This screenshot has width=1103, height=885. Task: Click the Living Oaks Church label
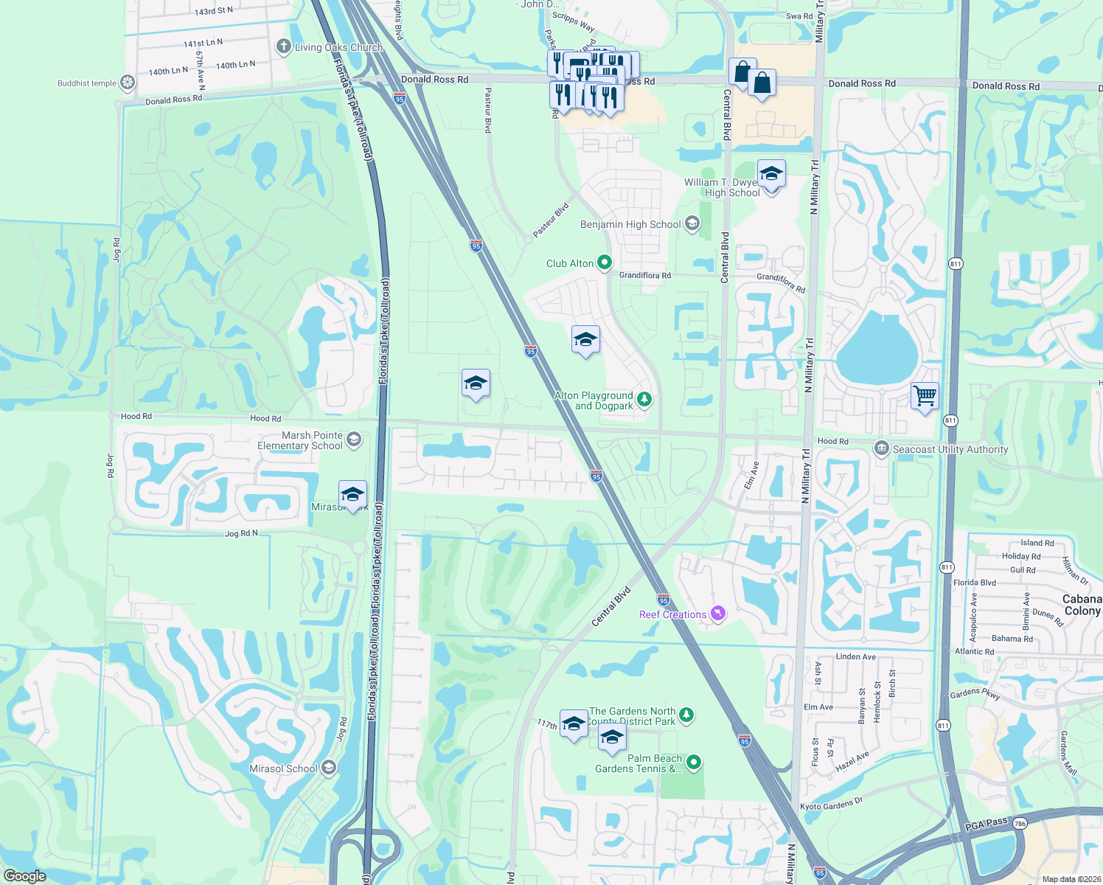(x=338, y=47)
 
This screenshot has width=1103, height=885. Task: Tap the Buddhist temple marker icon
(x=128, y=83)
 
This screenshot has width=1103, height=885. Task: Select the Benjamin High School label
(x=630, y=224)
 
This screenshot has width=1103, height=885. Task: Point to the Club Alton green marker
(x=605, y=263)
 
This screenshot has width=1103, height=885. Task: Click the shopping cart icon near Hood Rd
(x=925, y=395)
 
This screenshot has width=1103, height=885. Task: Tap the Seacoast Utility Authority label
(x=950, y=449)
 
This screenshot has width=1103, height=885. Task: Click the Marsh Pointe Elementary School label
(x=301, y=440)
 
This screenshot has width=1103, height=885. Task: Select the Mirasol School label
(x=283, y=768)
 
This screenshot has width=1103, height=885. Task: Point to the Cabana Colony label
(x=1082, y=605)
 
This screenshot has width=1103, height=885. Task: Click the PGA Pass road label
(x=986, y=824)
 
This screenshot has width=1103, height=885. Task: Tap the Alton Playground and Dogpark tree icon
(x=644, y=399)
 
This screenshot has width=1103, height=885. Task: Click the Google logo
(x=24, y=876)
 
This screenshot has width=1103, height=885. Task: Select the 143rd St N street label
(x=214, y=11)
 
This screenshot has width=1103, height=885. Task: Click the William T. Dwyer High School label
(x=723, y=187)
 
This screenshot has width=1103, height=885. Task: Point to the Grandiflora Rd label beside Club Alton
(x=645, y=275)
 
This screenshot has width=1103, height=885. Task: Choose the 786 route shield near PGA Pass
(x=1020, y=823)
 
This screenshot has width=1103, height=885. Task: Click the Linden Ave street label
(x=856, y=656)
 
